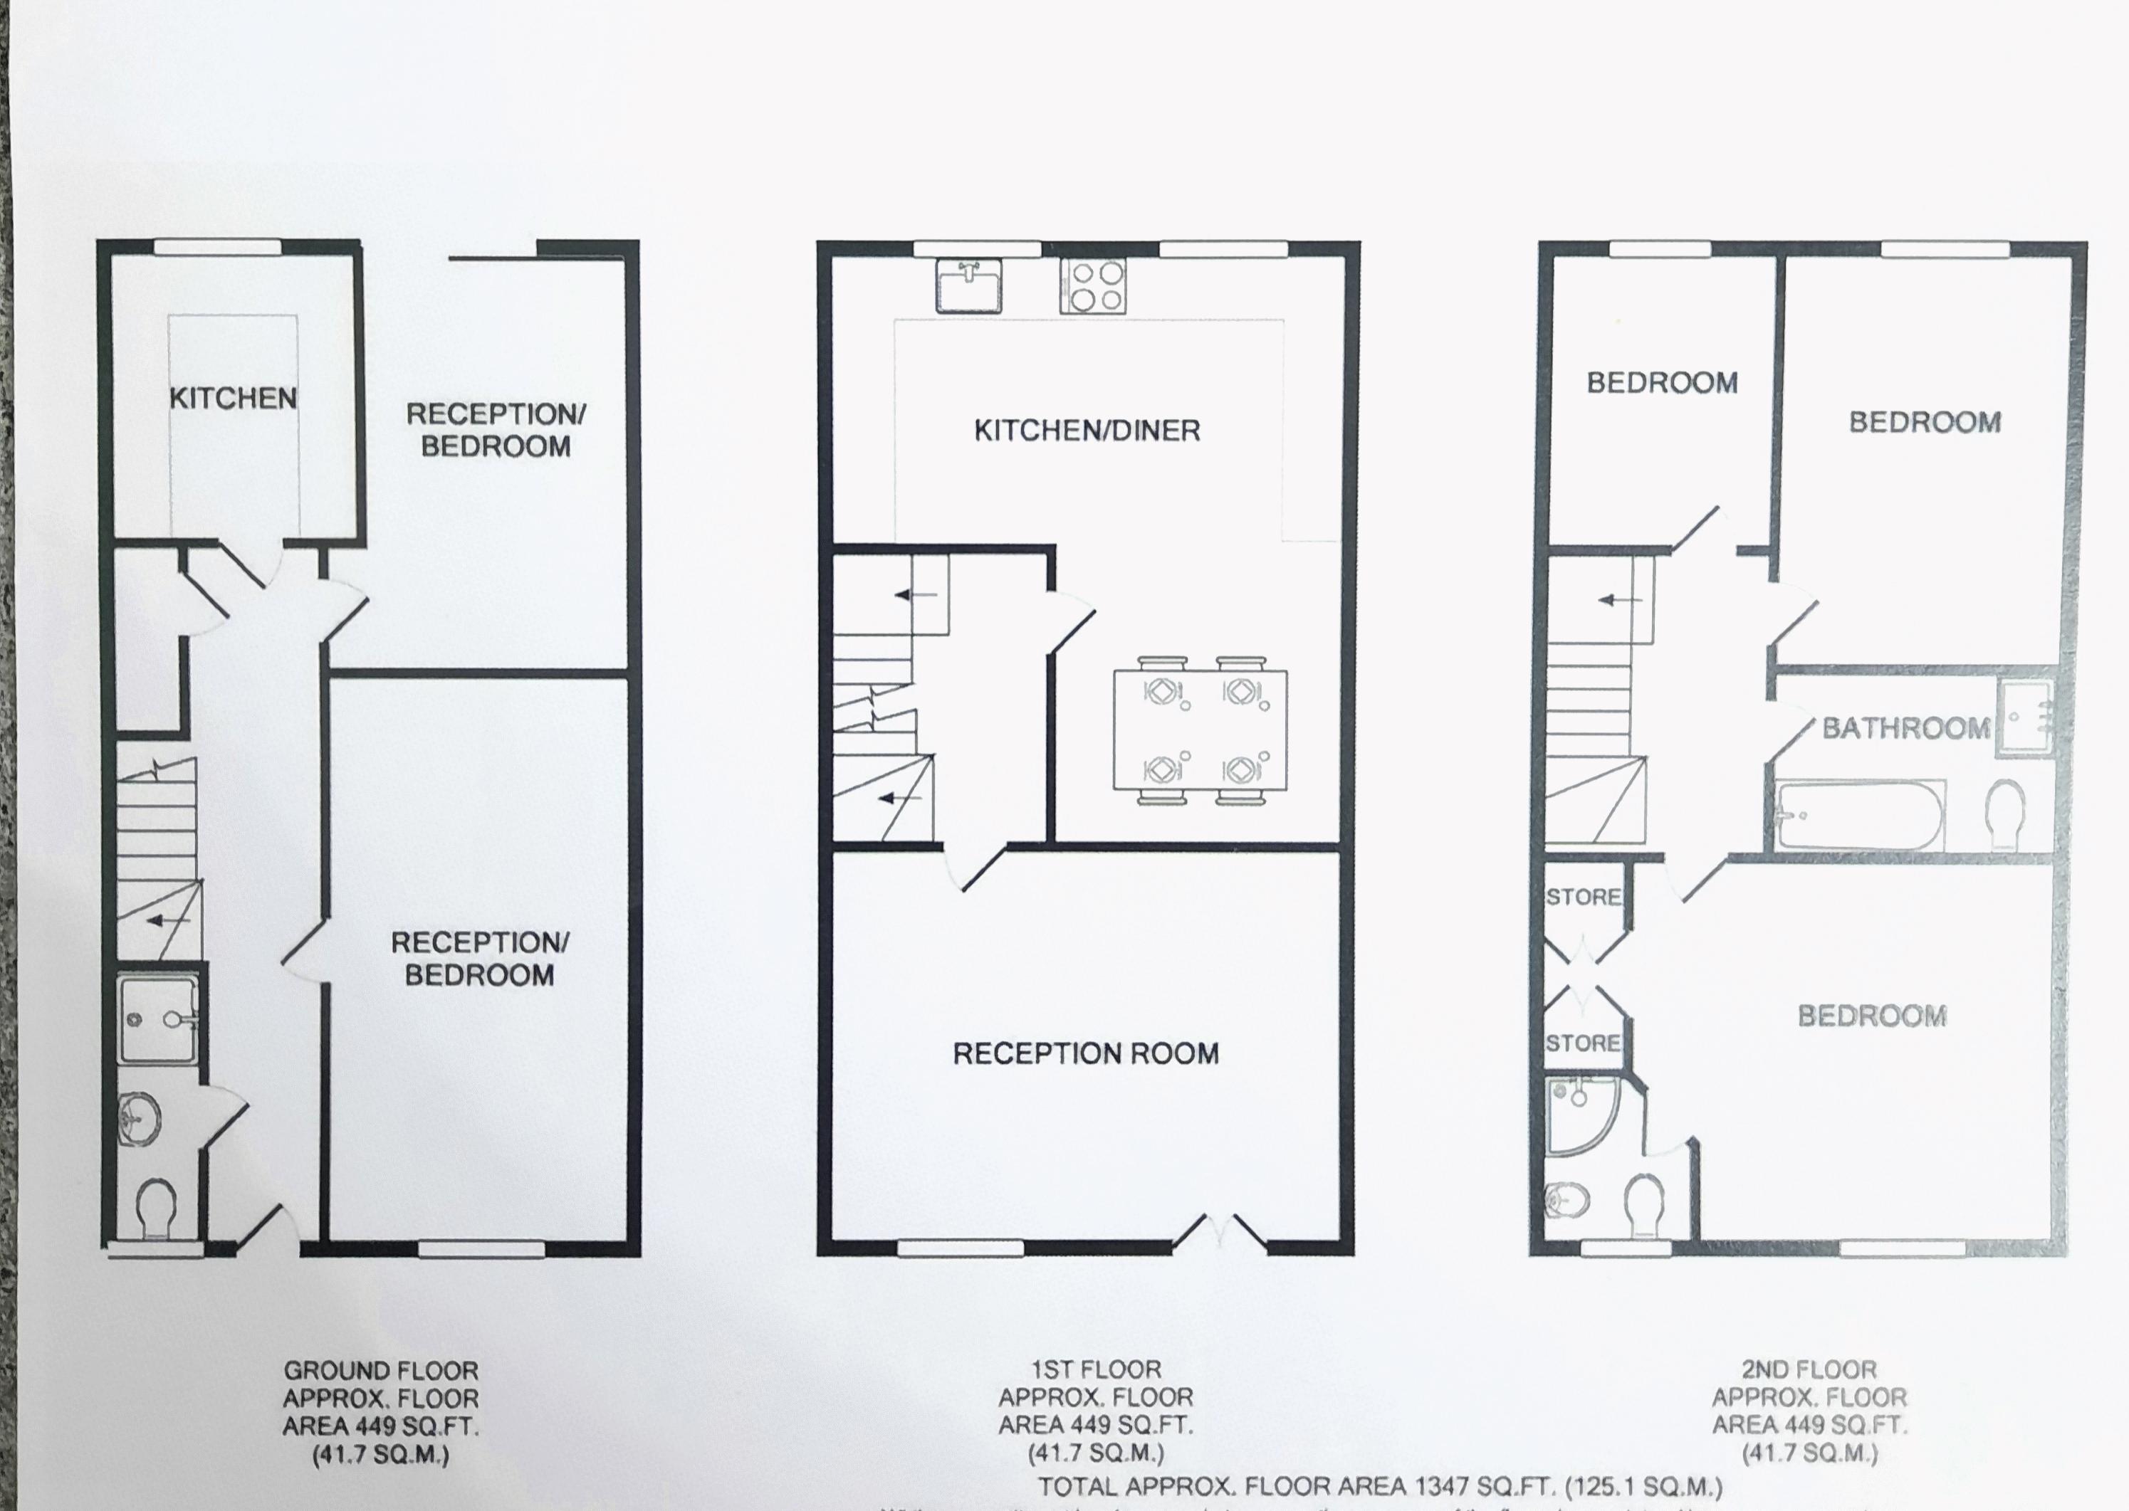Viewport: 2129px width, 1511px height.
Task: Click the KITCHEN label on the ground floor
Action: (233, 399)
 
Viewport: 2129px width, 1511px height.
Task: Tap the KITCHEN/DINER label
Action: (1087, 430)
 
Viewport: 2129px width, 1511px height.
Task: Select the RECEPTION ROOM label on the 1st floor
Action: (1085, 1053)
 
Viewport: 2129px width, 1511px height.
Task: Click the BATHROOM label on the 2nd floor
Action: (1905, 727)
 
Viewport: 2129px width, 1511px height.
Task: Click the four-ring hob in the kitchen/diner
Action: (1092, 285)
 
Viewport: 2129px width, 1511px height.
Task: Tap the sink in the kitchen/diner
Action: (968, 285)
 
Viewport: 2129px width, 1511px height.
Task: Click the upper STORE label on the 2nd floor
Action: (1583, 897)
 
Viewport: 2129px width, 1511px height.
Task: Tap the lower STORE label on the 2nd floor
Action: (1583, 1043)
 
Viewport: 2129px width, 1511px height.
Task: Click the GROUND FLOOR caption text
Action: (381, 1371)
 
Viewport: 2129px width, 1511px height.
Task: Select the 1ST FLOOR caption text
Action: (1096, 1369)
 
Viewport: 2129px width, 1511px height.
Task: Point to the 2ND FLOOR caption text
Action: (1809, 1369)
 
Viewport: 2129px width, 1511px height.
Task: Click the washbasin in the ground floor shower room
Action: (140, 1123)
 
